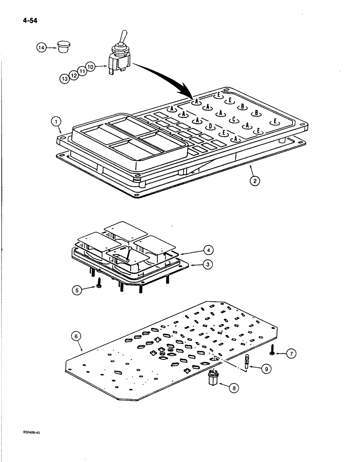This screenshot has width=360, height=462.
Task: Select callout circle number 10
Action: click(x=90, y=67)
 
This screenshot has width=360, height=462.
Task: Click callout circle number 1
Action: click(x=56, y=122)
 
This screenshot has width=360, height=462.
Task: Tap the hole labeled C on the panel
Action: click(x=234, y=119)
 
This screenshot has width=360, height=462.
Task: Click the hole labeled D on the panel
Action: click(x=210, y=126)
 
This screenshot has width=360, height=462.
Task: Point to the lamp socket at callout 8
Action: click(x=213, y=380)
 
